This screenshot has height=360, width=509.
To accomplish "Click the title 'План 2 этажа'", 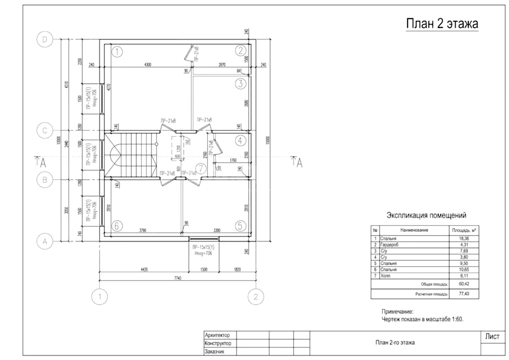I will pyautogui.click(x=442, y=23).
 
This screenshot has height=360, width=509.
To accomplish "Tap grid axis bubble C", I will pyautogui.click(x=45, y=131).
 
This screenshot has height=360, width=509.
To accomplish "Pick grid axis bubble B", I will pyautogui.click(x=45, y=180).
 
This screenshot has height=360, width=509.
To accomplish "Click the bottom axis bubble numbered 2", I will pyautogui.click(x=255, y=296).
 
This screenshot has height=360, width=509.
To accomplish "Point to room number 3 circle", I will pyautogui.click(x=241, y=84).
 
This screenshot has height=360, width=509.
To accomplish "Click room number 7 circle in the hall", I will pyautogui.click(x=201, y=168).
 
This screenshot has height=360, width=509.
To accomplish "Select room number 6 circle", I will pyautogui.click(x=117, y=226).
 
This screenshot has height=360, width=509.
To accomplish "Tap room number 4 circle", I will pyautogui.click(x=241, y=141).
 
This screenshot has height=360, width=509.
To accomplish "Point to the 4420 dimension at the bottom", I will pyautogui.click(x=144, y=269).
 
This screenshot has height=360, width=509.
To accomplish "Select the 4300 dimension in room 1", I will pyautogui.click(x=148, y=65).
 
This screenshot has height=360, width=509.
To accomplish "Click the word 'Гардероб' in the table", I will pyautogui.click(x=391, y=245).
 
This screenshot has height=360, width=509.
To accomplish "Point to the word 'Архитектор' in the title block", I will pyautogui.click(x=217, y=335).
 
